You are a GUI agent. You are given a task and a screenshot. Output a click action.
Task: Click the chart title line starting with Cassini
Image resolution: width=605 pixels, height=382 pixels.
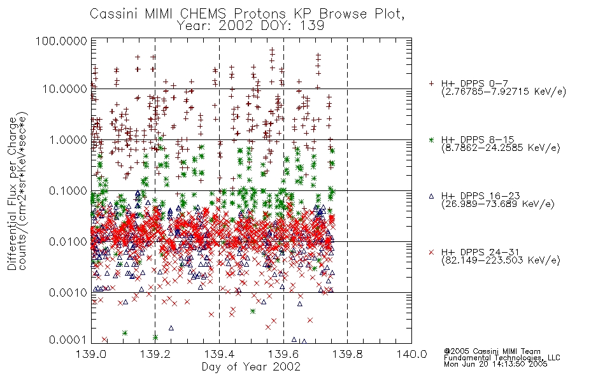[x=247, y=14]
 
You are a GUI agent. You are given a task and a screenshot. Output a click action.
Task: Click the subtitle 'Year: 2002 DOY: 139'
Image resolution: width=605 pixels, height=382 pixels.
[x=250, y=26]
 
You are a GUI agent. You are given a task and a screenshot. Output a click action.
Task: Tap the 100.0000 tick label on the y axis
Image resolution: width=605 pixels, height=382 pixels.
[x=61, y=41]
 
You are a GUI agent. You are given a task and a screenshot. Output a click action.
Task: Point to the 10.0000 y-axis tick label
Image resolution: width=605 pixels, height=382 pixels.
[x=64, y=89]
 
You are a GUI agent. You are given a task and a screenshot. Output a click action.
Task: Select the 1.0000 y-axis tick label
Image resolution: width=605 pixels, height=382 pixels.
[x=68, y=139]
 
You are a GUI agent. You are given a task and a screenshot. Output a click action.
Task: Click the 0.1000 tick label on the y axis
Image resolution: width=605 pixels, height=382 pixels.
[x=68, y=190]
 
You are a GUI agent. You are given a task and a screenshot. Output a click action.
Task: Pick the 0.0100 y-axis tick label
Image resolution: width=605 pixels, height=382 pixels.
[x=68, y=242]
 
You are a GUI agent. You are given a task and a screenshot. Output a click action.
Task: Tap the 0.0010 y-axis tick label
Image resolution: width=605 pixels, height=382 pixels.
[x=68, y=293]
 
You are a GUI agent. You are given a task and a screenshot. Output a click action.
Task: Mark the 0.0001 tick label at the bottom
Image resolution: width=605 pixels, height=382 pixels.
[x=68, y=339]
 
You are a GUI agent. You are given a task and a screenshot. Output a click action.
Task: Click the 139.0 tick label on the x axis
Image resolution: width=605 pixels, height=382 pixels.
[x=92, y=354]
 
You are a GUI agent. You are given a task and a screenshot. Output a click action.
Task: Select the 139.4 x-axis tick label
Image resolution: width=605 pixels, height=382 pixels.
[x=219, y=354]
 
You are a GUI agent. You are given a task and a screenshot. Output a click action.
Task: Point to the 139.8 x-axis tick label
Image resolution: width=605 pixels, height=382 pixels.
[x=347, y=354]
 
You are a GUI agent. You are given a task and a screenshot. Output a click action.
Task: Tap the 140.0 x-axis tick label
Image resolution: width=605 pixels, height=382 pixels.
[x=411, y=354]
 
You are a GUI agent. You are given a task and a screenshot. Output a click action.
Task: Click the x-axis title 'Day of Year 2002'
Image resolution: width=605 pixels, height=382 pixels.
[x=251, y=366]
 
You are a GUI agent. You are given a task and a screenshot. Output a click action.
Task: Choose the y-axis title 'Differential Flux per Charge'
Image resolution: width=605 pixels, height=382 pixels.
[x=12, y=194]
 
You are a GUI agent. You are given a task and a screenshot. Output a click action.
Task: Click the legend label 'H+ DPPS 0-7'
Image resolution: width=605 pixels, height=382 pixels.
[x=474, y=83]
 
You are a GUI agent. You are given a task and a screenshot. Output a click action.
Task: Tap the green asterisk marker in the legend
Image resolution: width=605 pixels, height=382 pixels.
[x=431, y=139]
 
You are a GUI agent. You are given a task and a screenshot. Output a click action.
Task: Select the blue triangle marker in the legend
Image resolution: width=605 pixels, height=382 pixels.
[x=431, y=196]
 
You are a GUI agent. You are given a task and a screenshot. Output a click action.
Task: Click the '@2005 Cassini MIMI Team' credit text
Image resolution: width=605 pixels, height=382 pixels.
[x=492, y=351]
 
